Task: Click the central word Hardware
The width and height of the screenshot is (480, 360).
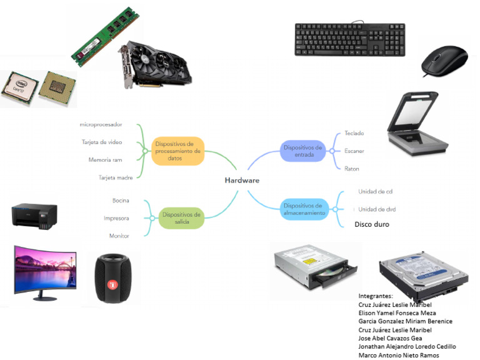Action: [x=242, y=180]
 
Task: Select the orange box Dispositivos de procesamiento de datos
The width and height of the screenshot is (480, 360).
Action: [x=178, y=151]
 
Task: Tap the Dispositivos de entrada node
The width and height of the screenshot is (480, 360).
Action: [x=302, y=151]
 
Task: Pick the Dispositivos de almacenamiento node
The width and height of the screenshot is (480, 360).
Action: [x=302, y=209]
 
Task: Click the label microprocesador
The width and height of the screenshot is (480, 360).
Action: [x=101, y=124]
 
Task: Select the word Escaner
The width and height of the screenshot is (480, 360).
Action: [x=354, y=151]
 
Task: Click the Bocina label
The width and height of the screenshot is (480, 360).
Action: [x=121, y=201]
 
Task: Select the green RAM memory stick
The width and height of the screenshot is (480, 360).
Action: [x=103, y=36]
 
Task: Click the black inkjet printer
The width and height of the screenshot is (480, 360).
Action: [x=34, y=215]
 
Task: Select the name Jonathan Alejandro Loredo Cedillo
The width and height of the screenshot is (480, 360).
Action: [x=407, y=346]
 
